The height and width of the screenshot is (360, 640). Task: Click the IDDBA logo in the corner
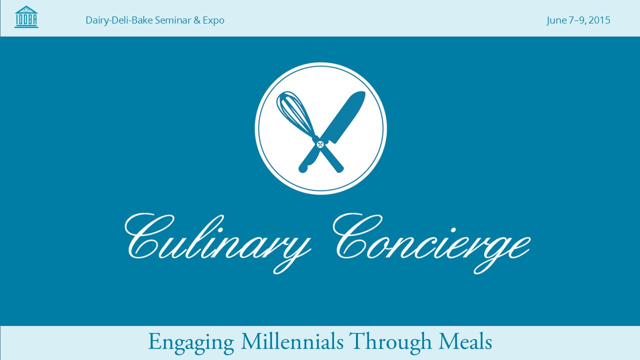[x=26, y=17]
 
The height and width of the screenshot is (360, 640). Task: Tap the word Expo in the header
[x=213, y=20]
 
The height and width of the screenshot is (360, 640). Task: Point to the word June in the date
[x=556, y=20]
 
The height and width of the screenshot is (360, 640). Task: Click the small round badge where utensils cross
[x=320, y=144]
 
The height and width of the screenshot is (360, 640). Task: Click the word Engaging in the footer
[x=191, y=342]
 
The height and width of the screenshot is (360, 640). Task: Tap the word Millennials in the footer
[x=292, y=341]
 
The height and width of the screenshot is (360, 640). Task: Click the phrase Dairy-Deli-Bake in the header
[x=113, y=20]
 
